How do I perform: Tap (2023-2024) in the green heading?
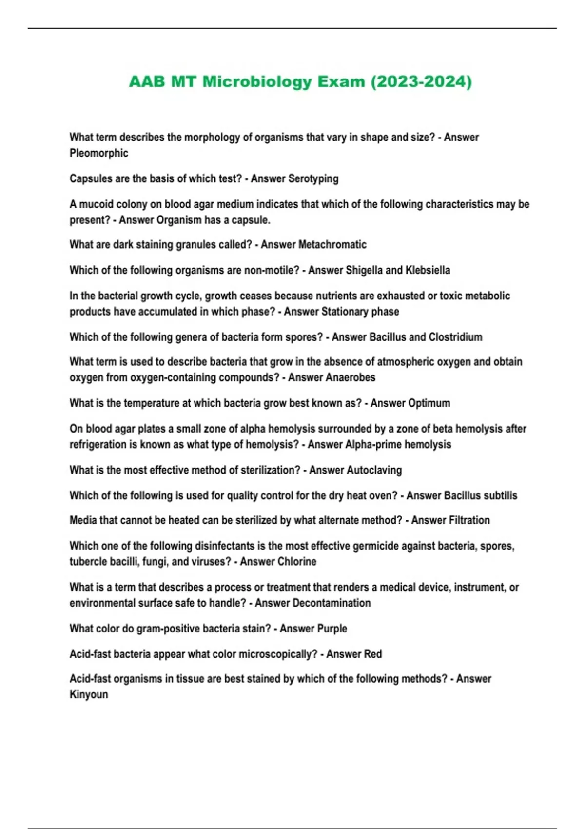[421, 81]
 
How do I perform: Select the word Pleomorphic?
[98, 153]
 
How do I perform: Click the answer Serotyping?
[313, 178]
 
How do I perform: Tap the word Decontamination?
[331, 603]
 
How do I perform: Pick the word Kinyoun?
[89, 694]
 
